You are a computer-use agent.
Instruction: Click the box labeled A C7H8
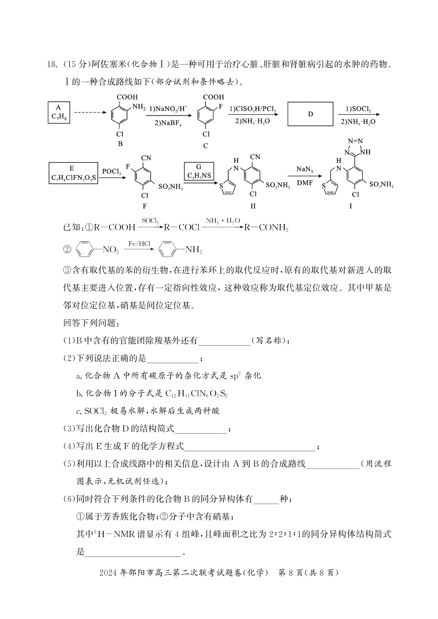[x=59, y=112]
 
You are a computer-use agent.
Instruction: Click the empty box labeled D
[x=310, y=114]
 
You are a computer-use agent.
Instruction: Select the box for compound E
[x=73, y=173]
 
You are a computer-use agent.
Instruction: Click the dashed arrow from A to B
[x=91, y=112]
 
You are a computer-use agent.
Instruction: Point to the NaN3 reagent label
[x=304, y=169]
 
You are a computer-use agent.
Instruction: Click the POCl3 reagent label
[x=112, y=172]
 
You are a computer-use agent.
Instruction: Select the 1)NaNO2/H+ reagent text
[x=168, y=109]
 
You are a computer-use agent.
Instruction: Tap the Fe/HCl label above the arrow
[x=139, y=243]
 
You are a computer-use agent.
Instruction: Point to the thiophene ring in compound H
[x=228, y=187]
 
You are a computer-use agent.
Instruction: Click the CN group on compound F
[x=146, y=158]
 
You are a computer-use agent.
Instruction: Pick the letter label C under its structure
[x=205, y=146]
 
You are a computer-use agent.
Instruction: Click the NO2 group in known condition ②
[x=111, y=250]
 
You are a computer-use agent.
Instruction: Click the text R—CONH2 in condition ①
[x=266, y=228]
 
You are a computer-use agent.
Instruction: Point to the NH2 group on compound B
[x=139, y=107]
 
